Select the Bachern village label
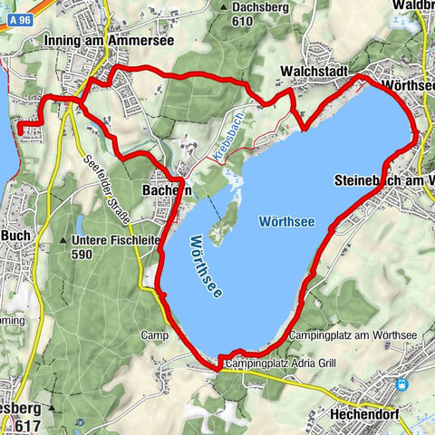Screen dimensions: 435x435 [x=167, y=190]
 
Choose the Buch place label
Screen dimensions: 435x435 [x=18, y=234]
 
